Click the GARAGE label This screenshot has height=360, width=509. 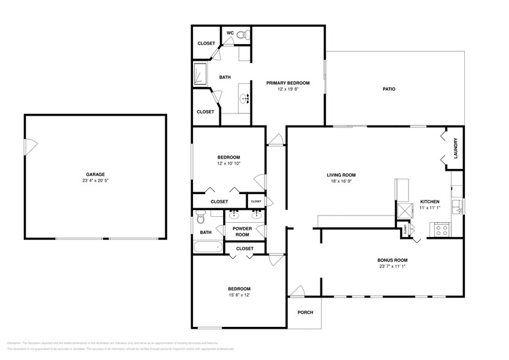click(95, 174)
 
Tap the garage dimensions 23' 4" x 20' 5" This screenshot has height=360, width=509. click(95, 181)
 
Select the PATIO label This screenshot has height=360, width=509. click(388, 89)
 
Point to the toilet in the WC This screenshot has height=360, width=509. click(241, 36)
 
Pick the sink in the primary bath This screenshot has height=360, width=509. click(245, 97)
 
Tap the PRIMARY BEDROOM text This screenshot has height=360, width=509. click(287, 83)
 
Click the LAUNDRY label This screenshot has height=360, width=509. click(456, 148)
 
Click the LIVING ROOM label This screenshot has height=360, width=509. click(341, 175)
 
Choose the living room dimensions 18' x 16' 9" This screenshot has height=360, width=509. click(341, 182)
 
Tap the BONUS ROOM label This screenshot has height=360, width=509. click(392, 260)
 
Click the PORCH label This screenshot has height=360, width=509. click(305, 313)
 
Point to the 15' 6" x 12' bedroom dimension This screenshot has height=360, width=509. click(239, 295)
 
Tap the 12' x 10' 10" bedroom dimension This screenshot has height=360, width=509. click(228, 163)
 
